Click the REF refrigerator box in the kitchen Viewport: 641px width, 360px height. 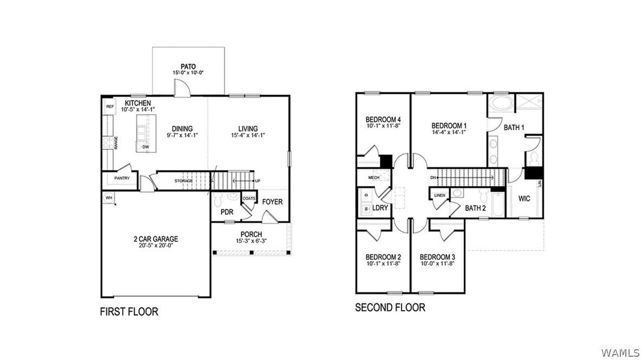pyautogui.click(x=110, y=107)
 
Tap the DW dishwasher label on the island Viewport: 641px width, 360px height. pyautogui.click(x=145, y=147)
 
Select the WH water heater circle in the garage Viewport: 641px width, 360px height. pyautogui.click(x=108, y=198)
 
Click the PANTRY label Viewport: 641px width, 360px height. pyautogui.click(x=122, y=178)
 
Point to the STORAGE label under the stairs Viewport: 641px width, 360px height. pyautogui.click(x=183, y=181)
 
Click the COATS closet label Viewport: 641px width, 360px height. pyautogui.click(x=249, y=198)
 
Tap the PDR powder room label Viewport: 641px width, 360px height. pyautogui.click(x=227, y=212)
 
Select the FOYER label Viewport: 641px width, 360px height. pyautogui.click(x=272, y=202)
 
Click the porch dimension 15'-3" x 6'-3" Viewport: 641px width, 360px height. pyautogui.click(x=252, y=241)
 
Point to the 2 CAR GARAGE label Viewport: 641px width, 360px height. pyautogui.click(x=156, y=239)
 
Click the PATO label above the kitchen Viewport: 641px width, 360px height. pyautogui.click(x=188, y=67)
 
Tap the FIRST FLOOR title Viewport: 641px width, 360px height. pyautogui.click(x=129, y=312)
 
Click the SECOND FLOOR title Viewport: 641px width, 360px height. pyautogui.click(x=390, y=307)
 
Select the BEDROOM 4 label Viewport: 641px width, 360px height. pyautogui.click(x=383, y=120)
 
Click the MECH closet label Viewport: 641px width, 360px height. pyautogui.click(x=374, y=178)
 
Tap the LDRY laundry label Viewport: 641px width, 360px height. pyautogui.click(x=380, y=208)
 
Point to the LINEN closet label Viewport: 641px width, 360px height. pyautogui.click(x=440, y=195)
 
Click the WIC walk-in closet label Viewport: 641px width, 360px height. pyautogui.click(x=524, y=198)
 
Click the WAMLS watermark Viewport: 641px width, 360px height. pyautogui.click(x=620, y=352)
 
